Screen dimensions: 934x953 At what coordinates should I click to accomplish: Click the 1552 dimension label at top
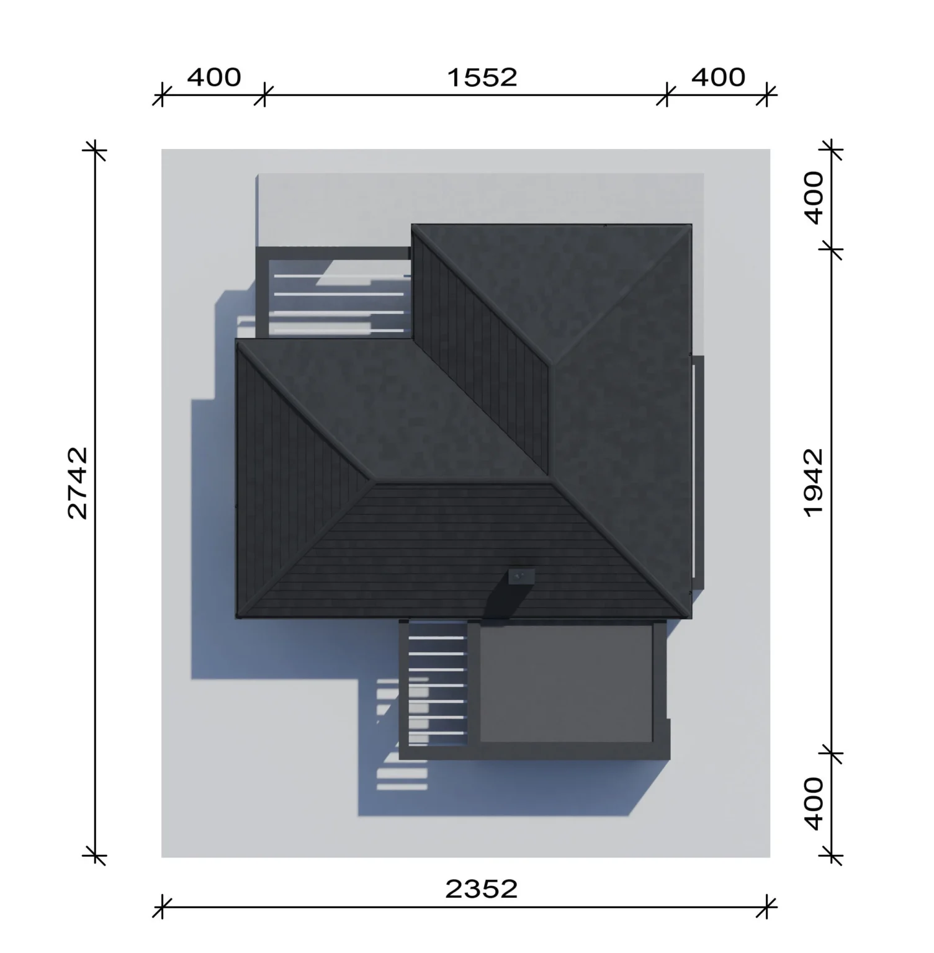point(482,78)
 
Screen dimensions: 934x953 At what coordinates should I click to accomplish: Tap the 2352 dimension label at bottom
point(482,889)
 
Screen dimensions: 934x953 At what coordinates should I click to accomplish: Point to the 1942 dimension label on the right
point(813,483)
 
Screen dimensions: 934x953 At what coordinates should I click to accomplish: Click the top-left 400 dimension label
point(214,78)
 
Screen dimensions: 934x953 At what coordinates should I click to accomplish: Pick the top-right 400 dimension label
point(718,78)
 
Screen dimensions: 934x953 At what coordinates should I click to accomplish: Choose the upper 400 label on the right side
point(813,197)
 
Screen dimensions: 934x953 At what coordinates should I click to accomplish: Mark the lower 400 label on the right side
point(813,803)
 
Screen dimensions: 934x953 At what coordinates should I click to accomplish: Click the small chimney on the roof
point(521,576)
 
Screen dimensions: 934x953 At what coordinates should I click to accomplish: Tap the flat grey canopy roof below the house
point(566,683)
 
